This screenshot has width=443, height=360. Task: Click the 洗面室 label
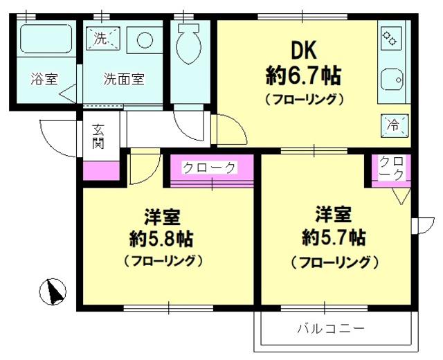(124, 78)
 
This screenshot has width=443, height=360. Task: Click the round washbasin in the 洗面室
(144, 39)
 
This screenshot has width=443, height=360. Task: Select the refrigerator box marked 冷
(393, 126)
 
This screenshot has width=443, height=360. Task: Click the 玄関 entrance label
(98, 137)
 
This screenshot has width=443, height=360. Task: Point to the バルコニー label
(331, 327)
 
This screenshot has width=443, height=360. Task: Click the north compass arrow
(54, 292)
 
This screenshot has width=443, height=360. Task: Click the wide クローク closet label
(209, 168)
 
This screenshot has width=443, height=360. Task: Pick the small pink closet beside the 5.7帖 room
(392, 169)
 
